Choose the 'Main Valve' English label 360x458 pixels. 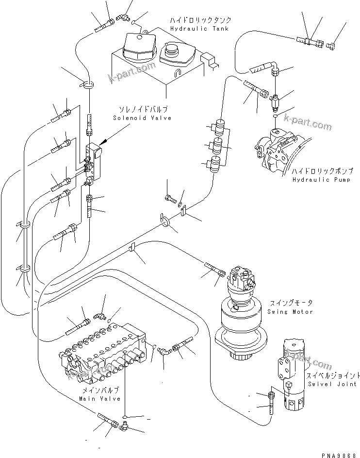point(99,398)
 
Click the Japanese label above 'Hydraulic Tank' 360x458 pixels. point(200,21)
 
